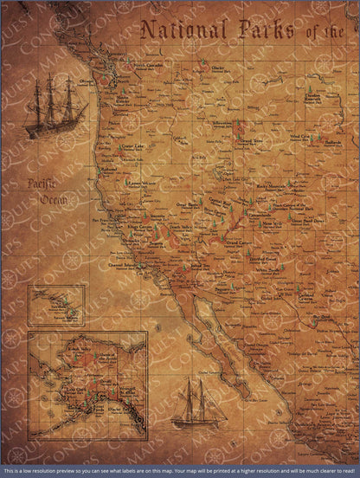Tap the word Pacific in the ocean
[40, 184]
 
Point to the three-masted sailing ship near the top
[55, 106]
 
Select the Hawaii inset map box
[56, 306]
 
